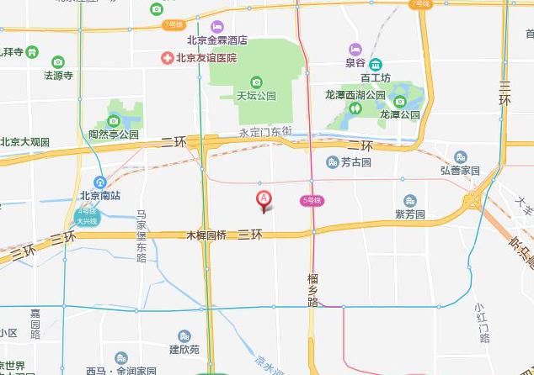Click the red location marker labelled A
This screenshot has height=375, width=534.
pyautogui.click(x=264, y=199)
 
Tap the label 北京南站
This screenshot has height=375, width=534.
pyautogui.click(x=100, y=196)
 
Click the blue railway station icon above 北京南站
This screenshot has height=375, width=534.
pyautogui.click(x=99, y=182)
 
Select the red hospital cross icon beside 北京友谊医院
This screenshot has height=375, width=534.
pyautogui.click(x=168, y=59)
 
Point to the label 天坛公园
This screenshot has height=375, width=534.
pyautogui.click(x=256, y=96)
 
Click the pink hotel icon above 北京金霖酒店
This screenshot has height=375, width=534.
pyautogui.click(x=217, y=27)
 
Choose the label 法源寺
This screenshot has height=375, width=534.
pyautogui.click(x=58, y=75)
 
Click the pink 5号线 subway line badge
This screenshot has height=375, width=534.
pyautogui.click(x=312, y=200)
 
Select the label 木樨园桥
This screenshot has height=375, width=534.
pyautogui.click(x=206, y=235)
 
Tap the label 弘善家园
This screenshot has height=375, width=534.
pyautogui.click(x=459, y=171)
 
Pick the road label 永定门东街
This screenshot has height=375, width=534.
pyautogui.click(x=265, y=132)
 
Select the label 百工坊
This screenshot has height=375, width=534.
pyautogui.click(x=376, y=78)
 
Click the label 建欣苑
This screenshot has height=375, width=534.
pyautogui.click(x=184, y=349)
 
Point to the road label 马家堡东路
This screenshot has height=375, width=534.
pyautogui.click(x=142, y=236)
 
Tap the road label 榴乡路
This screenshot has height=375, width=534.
pyautogui.click(x=312, y=290)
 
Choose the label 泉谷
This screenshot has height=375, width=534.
pyautogui.click(x=355, y=62)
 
